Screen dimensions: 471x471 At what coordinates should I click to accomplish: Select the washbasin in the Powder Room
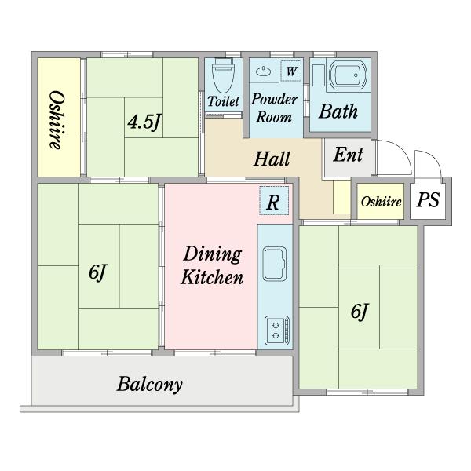[263, 71]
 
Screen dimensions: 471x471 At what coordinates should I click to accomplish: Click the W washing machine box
[290, 71]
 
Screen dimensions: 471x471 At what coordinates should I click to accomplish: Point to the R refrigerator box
[274, 201]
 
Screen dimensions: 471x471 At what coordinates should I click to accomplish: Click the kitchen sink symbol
[275, 264]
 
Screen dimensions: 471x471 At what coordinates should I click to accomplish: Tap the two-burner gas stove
[277, 330]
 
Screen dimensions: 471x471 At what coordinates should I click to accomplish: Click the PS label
[428, 199]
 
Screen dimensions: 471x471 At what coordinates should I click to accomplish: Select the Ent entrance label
[349, 155]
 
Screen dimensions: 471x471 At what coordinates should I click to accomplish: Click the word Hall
[272, 159]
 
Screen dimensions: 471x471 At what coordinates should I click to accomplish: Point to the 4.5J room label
[144, 122]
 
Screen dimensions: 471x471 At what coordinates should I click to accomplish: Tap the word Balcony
[150, 384]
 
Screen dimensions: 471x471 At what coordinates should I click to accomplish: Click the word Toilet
[224, 101]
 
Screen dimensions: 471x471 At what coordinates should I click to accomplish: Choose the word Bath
[338, 111]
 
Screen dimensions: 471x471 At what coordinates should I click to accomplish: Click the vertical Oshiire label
[57, 120]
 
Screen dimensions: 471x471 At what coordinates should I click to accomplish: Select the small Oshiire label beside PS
[381, 202]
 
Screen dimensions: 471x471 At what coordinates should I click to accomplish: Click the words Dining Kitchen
[212, 265]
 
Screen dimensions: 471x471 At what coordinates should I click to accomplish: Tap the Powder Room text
[274, 108]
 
